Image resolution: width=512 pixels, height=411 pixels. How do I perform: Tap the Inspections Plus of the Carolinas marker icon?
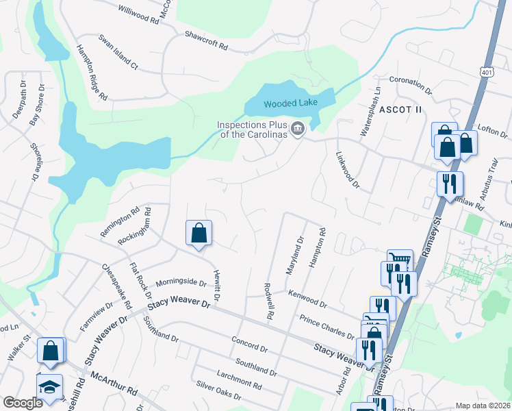point(298,128)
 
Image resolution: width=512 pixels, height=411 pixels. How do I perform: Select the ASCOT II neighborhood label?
point(400,110)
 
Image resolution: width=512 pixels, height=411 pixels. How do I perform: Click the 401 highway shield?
point(487,71)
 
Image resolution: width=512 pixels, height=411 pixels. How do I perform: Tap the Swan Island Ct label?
point(118,53)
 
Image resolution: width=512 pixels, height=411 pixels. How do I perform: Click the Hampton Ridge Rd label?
point(92,73)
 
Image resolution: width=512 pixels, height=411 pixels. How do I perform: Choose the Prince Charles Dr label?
point(327,326)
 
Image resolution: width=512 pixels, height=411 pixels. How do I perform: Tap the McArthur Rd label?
point(114,383)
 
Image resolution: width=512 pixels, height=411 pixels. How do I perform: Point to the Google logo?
point(23,403)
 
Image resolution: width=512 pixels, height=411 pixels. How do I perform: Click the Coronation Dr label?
point(411,85)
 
